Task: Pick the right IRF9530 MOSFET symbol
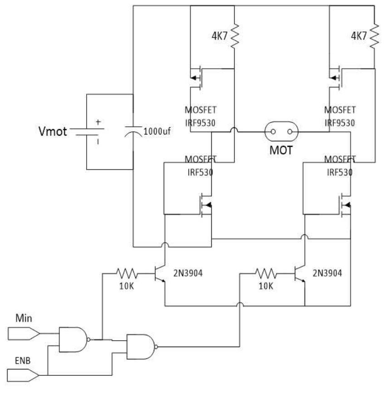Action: click(x=337, y=77)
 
